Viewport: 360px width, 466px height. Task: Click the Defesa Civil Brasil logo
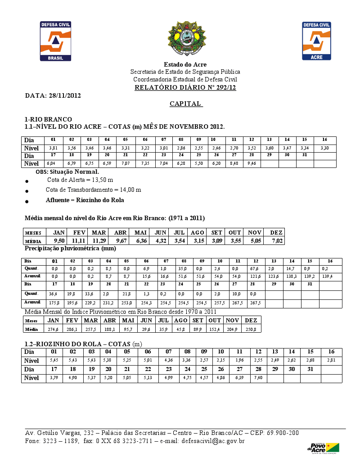click(x=56, y=41)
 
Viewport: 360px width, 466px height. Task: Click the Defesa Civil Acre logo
click(x=316, y=41)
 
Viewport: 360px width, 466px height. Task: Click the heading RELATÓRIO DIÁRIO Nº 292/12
click(x=185, y=87)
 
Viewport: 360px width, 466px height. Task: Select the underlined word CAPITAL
click(x=186, y=104)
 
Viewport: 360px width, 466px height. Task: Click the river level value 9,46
click(x=252, y=164)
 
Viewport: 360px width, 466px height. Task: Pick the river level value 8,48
click(x=234, y=164)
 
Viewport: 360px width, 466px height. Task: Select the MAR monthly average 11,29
click(x=99, y=241)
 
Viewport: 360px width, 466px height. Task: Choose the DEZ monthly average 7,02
click(x=276, y=241)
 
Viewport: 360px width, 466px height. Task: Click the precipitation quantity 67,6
click(x=255, y=269)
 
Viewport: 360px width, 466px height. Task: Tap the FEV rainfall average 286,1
click(x=72, y=330)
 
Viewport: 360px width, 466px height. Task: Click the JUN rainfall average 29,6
click(x=146, y=330)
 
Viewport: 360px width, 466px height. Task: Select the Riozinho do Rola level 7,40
click(x=258, y=378)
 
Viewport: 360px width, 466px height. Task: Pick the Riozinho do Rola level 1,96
click(x=239, y=361)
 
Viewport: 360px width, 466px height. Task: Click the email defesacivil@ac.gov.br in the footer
click(x=213, y=441)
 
